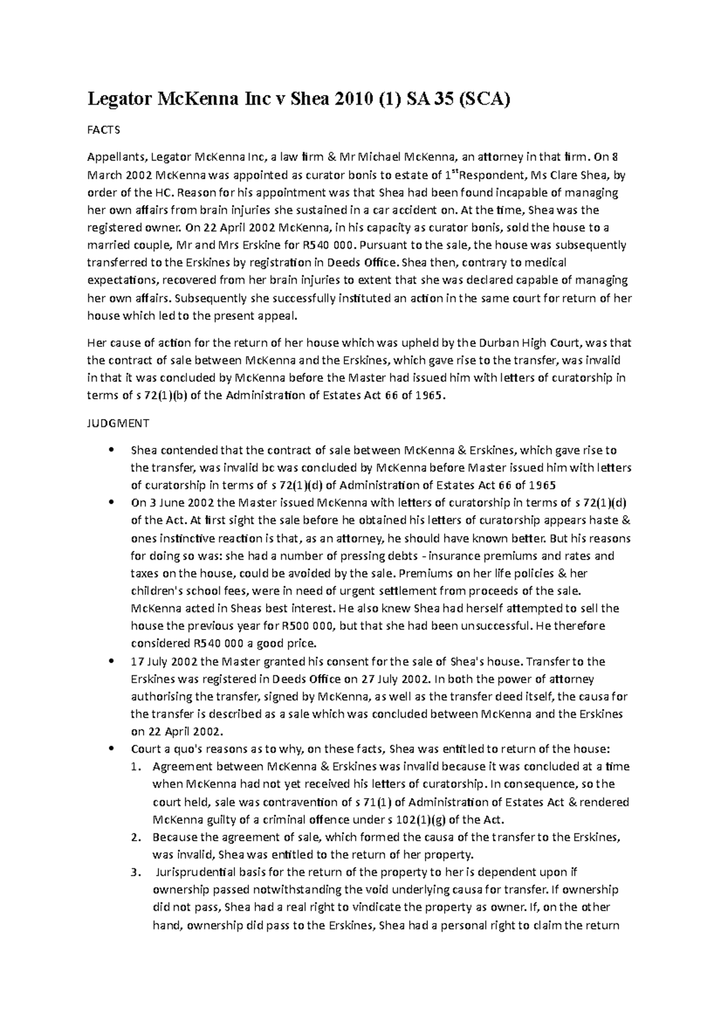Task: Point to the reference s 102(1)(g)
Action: coord(415,820)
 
